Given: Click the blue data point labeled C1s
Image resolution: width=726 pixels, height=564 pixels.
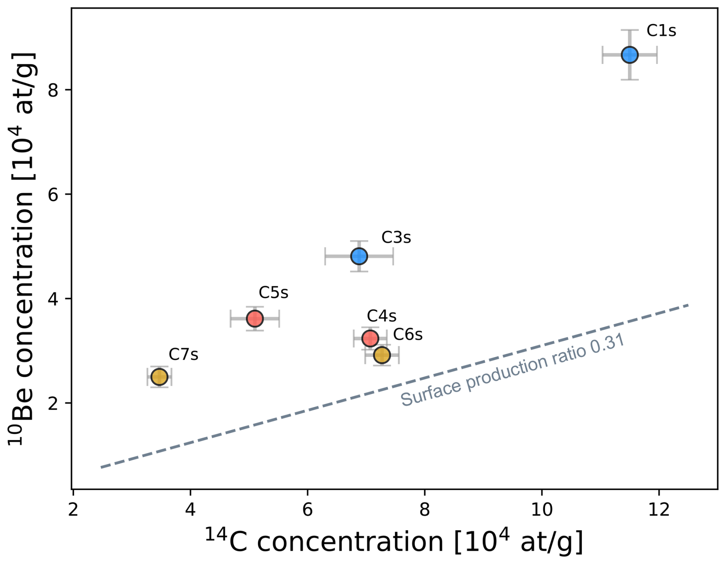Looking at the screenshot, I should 629,55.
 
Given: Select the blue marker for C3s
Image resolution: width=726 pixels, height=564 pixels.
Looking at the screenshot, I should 359,256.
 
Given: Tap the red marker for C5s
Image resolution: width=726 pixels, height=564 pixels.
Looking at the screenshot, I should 254,318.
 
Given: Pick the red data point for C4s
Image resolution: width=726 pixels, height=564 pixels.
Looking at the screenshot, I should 370,338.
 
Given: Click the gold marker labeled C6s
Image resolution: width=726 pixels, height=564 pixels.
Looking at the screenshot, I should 382,355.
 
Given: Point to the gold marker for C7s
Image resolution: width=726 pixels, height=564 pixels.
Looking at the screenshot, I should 159,377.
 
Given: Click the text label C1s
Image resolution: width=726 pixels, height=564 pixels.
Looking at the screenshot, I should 661,31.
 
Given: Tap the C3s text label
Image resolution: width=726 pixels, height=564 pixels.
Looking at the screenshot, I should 396,238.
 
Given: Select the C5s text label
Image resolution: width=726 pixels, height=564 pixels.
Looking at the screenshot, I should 273,293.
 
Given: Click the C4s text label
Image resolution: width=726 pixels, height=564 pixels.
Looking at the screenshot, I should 381,316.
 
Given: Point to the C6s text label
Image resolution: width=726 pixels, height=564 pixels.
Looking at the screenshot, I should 408,335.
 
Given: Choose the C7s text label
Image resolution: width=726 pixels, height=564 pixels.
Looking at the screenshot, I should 183,355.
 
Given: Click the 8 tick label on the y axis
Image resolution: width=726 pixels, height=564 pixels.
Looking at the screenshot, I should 53,90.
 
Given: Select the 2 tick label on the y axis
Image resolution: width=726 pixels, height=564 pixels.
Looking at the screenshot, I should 53,403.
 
